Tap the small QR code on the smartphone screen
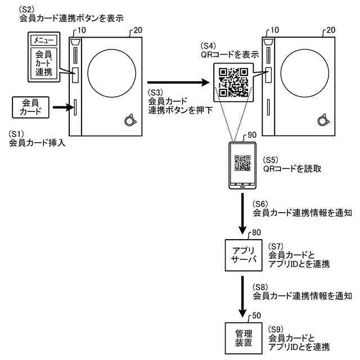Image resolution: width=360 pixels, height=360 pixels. (241, 163)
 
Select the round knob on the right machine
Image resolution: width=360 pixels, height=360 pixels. (323, 119)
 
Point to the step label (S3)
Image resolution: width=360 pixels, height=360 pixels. (156, 92)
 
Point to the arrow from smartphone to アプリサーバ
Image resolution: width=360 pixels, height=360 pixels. (241, 214)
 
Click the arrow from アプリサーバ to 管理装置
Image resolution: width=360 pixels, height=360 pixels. (241, 295)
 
